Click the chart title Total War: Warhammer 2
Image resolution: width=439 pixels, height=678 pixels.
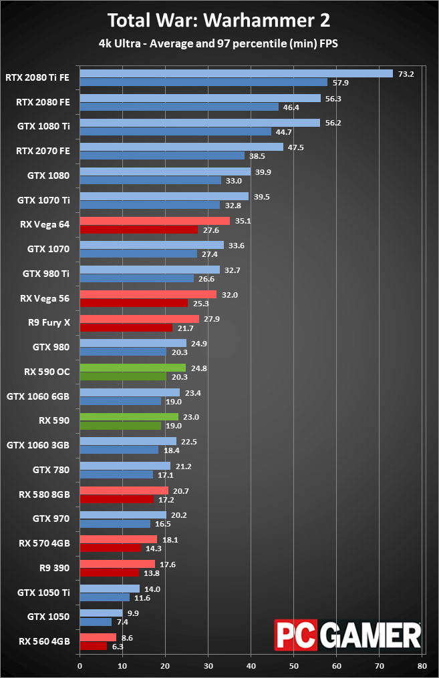pos(219,20)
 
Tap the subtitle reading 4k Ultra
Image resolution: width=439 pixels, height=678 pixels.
pos(219,45)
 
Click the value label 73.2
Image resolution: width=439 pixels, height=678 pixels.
pos(406,74)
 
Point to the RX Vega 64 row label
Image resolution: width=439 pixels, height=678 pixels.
pos(45,225)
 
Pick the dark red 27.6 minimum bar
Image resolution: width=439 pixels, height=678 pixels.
pos(138,230)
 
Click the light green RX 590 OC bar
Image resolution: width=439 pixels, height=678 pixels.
pos(132,368)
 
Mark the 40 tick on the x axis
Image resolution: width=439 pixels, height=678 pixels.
pos(251,665)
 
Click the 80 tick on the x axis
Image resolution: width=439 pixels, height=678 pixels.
pos(422,665)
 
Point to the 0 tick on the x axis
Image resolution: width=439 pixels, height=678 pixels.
pos(80,665)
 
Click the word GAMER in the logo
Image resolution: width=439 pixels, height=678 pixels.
pos(373,634)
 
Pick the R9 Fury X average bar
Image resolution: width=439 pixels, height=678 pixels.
pos(139,319)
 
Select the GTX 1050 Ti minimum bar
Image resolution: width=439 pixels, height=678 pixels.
pos(104,597)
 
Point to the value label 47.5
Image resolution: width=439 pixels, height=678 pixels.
pos(295,147)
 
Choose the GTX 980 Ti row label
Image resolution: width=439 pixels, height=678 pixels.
pos(46,274)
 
